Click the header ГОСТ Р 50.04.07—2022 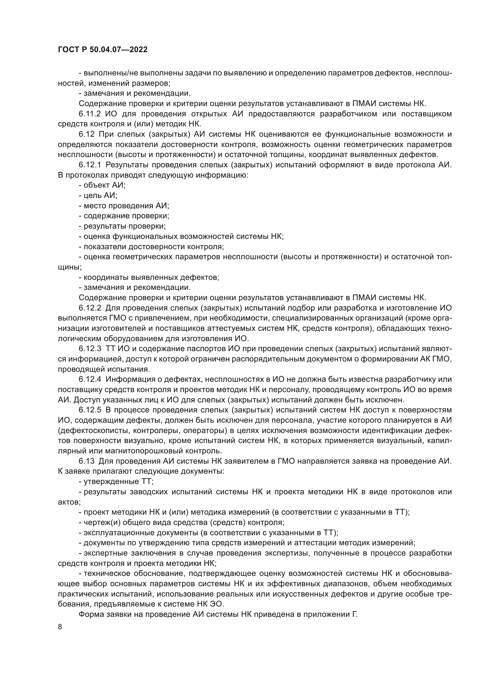[x=102, y=50]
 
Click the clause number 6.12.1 [x=90, y=165]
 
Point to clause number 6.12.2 [x=90, y=308]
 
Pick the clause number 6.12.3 [x=90, y=349]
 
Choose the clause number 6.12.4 [x=90, y=379]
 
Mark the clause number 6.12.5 [x=90, y=410]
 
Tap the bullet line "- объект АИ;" [x=102, y=185]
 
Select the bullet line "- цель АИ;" [x=98, y=195]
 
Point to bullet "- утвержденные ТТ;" [x=116, y=481]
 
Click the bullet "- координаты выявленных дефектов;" [x=149, y=277]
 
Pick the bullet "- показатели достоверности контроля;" [x=151, y=247]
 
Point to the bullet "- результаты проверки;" [x=122, y=226]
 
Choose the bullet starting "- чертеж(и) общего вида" [x=181, y=522]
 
